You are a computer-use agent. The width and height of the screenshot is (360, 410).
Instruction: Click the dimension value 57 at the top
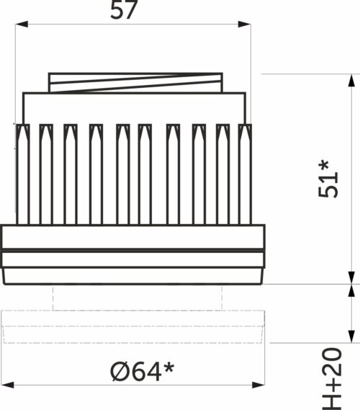click(x=124, y=10)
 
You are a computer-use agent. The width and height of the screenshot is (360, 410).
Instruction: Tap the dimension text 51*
click(x=328, y=179)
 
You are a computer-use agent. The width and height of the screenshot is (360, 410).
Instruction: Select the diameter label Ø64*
click(x=142, y=371)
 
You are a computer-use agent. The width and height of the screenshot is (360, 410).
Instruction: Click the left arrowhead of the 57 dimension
click(x=22, y=24)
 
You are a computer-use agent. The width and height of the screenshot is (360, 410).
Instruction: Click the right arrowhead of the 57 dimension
click(x=245, y=24)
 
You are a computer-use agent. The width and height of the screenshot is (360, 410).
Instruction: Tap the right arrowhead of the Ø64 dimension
click(x=258, y=385)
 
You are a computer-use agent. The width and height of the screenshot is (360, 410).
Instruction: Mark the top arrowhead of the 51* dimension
click(x=352, y=80)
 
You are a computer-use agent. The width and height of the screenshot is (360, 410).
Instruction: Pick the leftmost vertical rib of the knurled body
click(x=23, y=174)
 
